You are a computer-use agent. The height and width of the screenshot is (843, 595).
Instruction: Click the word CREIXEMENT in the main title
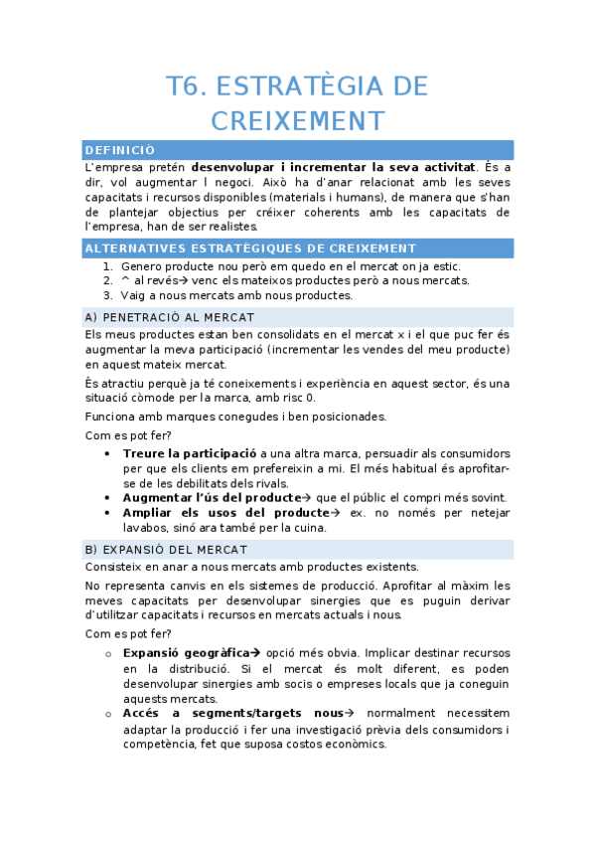pyautogui.click(x=297, y=121)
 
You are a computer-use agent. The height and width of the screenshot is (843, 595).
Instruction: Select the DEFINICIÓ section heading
pyautogui.click(x=120, y=149)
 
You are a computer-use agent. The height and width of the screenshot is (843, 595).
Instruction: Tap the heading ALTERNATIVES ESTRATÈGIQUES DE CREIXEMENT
pyautogui.click(x=250, y=248)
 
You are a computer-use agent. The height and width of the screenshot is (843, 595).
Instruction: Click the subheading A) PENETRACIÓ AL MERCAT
pyautogui.click(x=163, y=316)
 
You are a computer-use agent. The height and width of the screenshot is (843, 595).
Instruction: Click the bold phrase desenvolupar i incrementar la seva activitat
pyautogui.click(x=334, y=167)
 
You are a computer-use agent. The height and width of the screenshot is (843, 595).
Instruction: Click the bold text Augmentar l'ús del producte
pyautogui.click(x=211, y=497)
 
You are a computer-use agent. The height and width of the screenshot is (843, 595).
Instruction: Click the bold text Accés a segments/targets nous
pyautogui.click(x=231, y=714)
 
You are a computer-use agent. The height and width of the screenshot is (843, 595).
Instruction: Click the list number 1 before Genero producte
pyautogui.click(x=107, y=265)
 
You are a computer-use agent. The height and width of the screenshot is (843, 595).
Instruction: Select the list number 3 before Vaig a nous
pyautogui.click(x=107, y=295)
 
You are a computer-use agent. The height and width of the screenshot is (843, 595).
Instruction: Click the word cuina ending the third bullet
pyautogui.click(x=309, y=528)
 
